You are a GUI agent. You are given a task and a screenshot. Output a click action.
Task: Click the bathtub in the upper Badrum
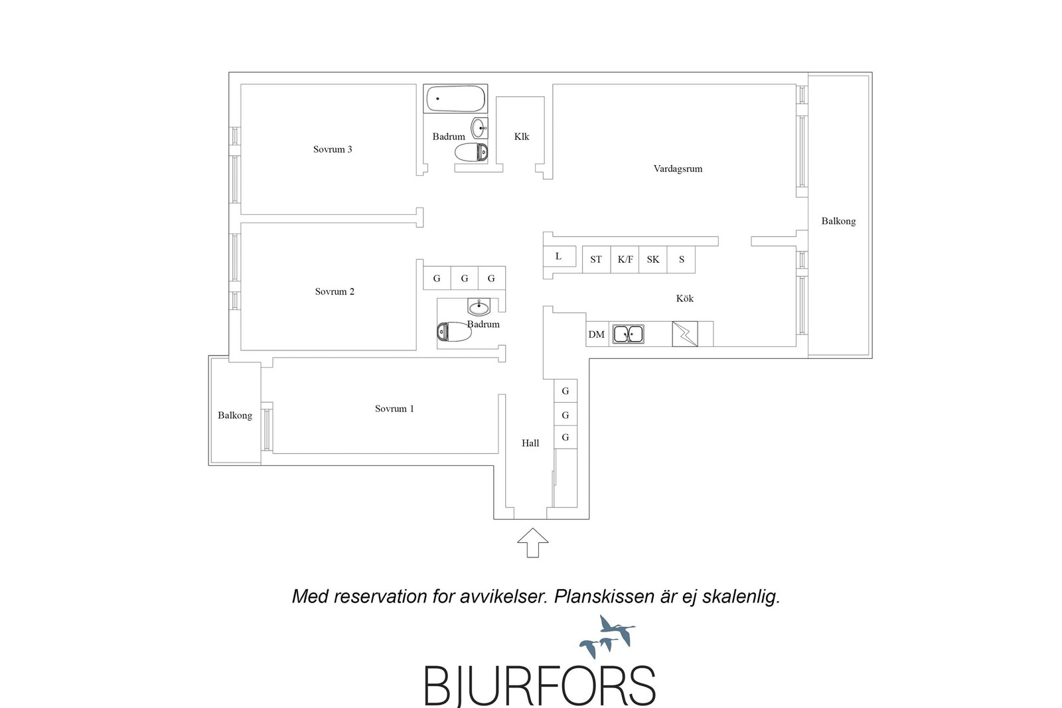tap(455, 99)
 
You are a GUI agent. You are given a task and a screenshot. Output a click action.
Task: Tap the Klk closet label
tap(522, 137)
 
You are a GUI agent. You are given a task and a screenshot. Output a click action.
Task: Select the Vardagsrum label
tap(678, 169)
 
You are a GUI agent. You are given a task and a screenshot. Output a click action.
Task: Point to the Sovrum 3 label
tap(333, 149)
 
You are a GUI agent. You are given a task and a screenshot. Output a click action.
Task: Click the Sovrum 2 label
tap(335, 291)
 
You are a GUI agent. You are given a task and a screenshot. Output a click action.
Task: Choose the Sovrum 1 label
tap(394, 409)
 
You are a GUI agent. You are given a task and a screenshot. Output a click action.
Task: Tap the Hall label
tap(530, 443)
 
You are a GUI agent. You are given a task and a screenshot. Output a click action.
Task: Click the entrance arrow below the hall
tap(533, 543)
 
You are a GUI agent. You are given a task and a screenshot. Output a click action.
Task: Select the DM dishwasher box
tap(597, 334)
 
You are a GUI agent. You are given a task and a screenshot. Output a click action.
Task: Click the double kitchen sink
tap(628, 334)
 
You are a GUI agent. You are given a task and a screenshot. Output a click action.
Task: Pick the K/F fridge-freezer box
tap(625, 259)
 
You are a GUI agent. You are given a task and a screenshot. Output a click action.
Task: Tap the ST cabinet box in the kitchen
tap(597, 259)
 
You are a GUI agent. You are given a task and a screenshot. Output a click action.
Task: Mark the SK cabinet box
tap(653, 259)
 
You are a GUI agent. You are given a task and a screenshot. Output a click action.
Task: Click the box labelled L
tap(560, 256)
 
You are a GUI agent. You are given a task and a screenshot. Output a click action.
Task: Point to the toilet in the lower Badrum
tap(454, 332)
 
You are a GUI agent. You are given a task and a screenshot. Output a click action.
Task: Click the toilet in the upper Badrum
tap(471, 152)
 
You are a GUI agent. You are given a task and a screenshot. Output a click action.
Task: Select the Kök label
tap(684, 299)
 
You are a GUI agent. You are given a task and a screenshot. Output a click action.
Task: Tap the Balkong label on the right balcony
tap(838, 221)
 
